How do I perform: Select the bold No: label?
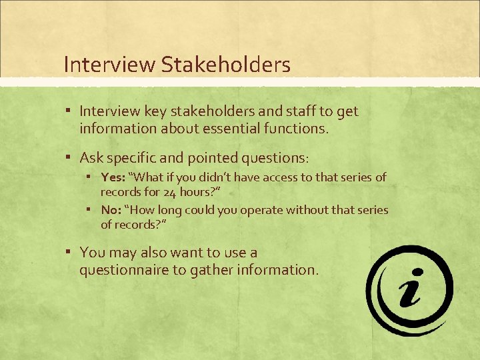pos(111,210)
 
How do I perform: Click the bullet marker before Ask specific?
pos(69,157)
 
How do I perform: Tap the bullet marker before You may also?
pos(69,251)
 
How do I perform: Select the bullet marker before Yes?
pos(89,176)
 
